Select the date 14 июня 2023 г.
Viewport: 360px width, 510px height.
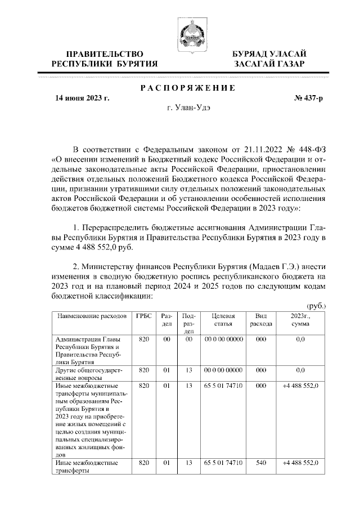click(x=82, y=98)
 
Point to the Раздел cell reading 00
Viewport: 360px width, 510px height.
click(x=166, y=340)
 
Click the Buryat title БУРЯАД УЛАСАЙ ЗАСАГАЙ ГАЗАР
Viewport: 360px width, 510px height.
click(x=269, y=59)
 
